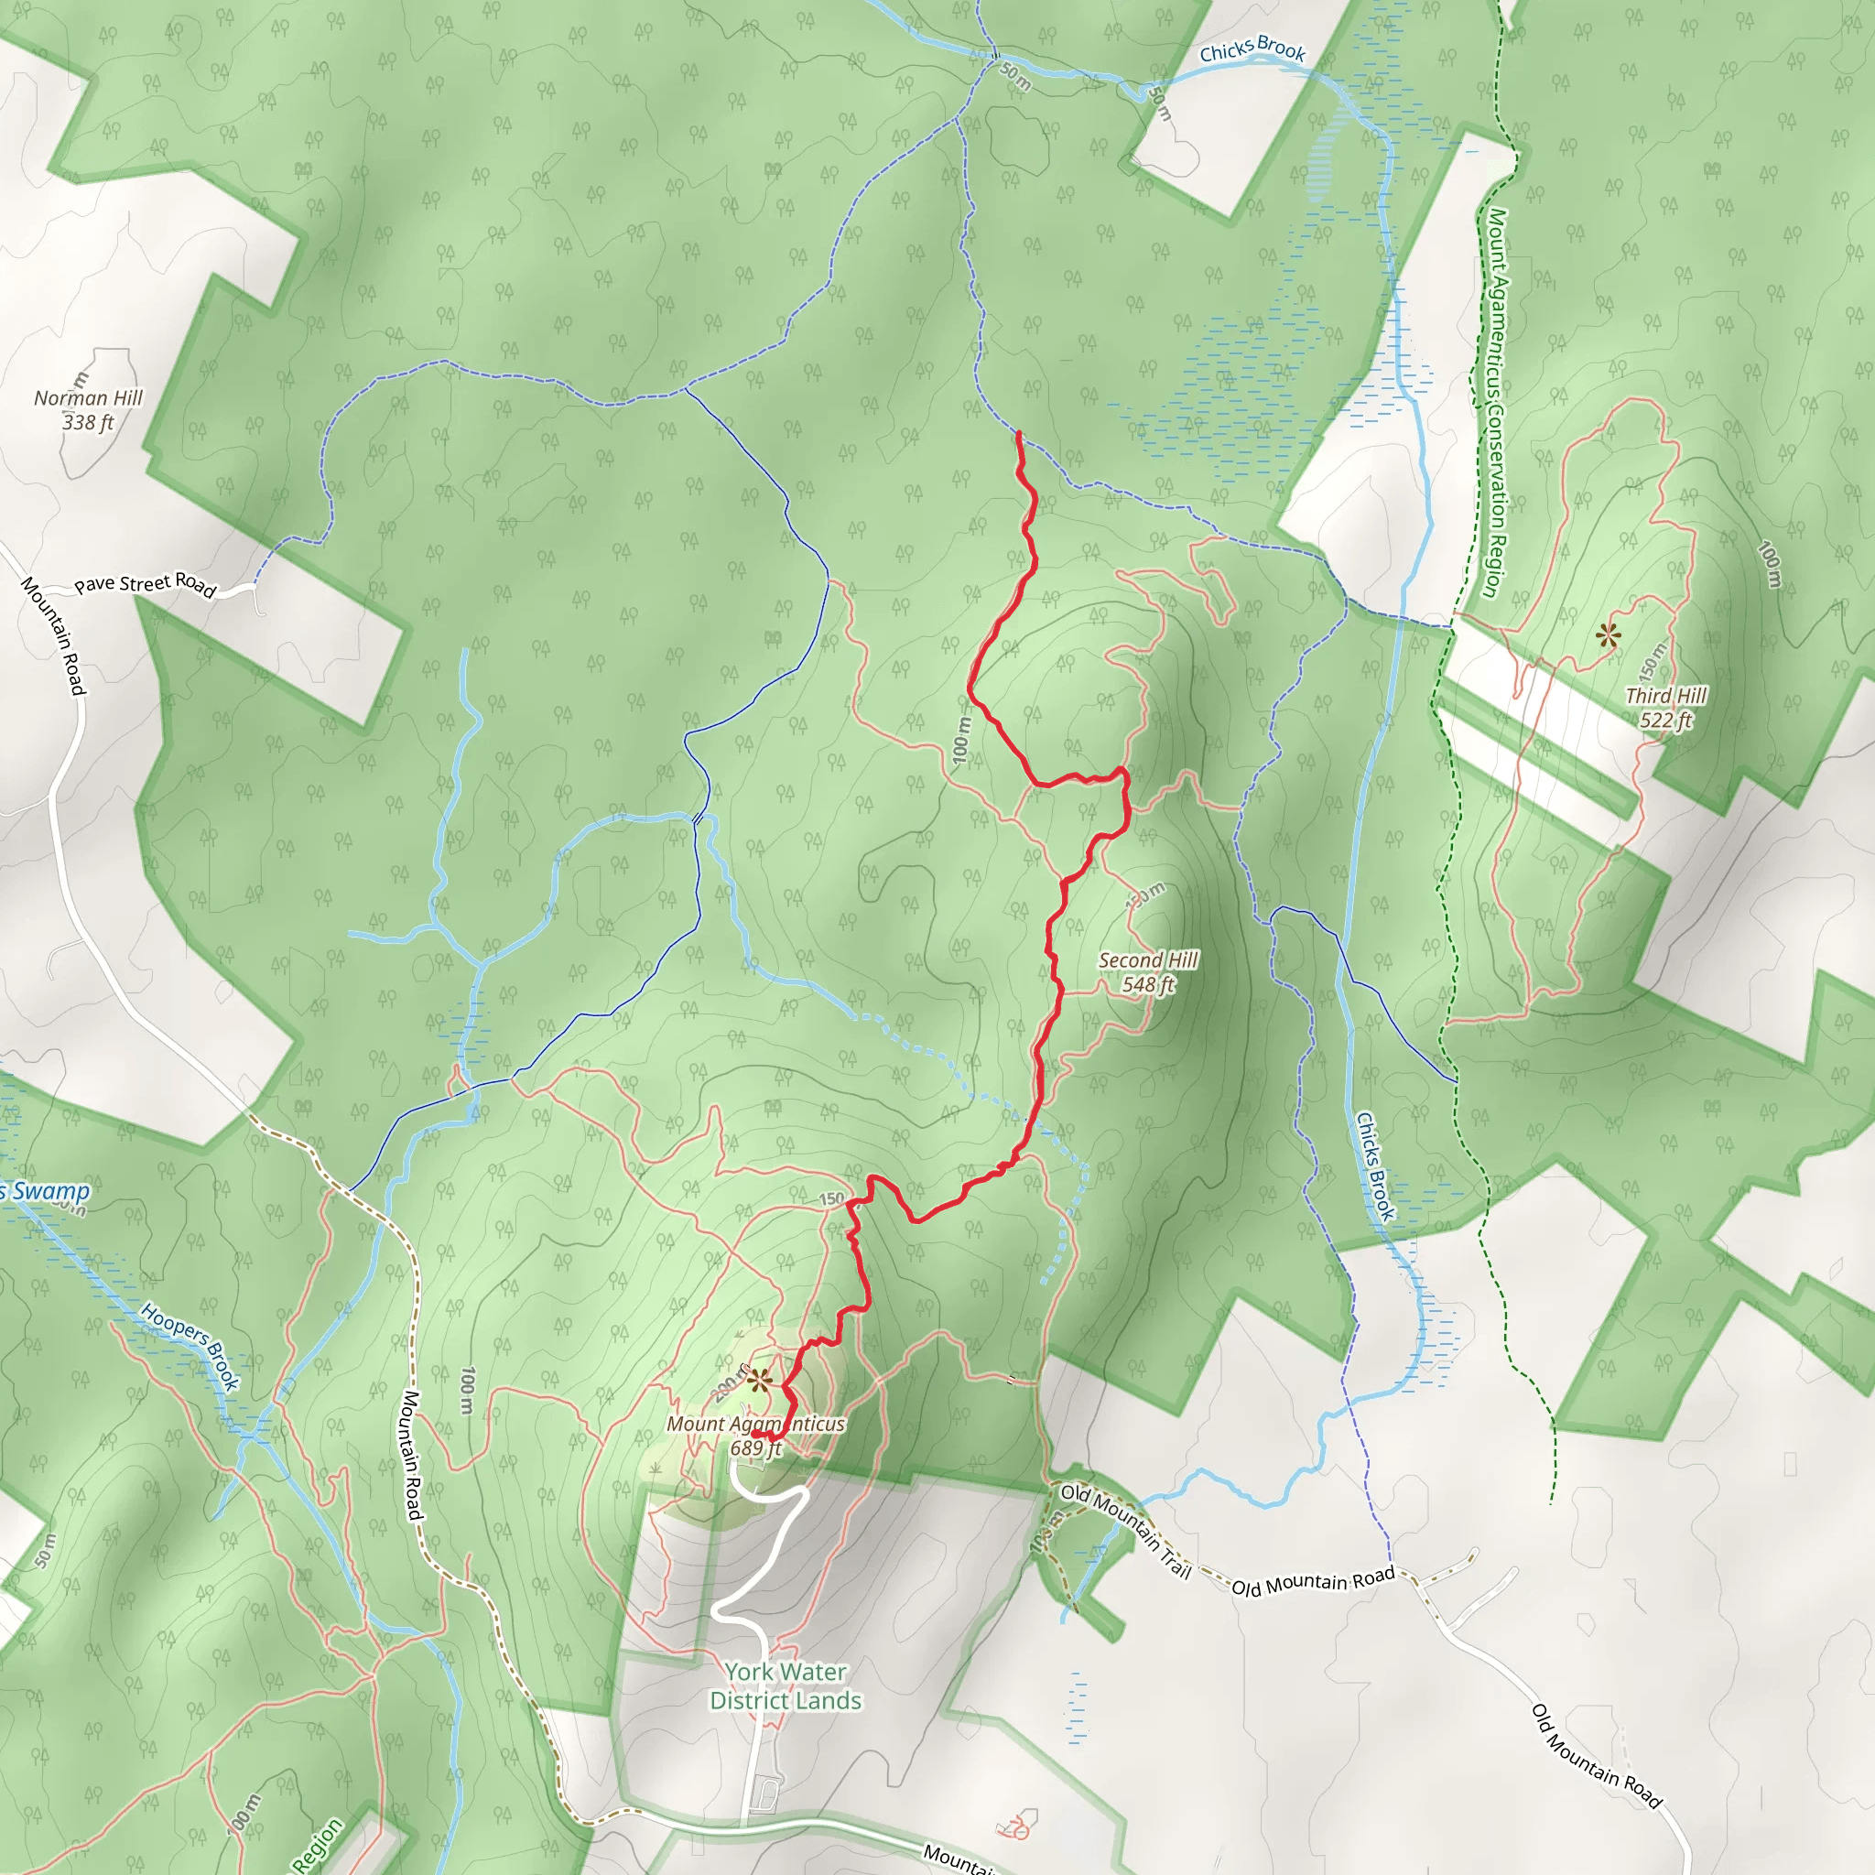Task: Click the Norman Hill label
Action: pyautogui.click(x=88, y=398)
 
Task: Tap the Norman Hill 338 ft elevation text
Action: pyautogui.click(x=88, y=423)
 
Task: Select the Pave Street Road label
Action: pyautogui.click(x=145, y=583)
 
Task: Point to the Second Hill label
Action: pyautogui.click(x=1148, y=960)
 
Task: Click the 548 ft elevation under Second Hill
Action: pyautogui.click(x=1148, y=985)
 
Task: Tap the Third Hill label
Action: pyautogui.click(x=1665, y=696)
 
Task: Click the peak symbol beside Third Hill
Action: pyautogui.click(x=1608, y=636)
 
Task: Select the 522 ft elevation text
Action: pyautogui.click(x=1665, y=721)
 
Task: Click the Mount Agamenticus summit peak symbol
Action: pyautogui.click(x=758, y=1379)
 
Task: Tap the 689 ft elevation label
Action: pyautogui.click(x=756, y=1449)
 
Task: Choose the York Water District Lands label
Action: pyautogui.click(x=786, y=1685)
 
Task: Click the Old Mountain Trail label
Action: pyautogui.click(x=1126, y=1531)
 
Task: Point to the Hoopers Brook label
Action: pyautogui.click(x=190, y=1346)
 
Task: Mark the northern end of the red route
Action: pyautogui.click(x=1018, y=433)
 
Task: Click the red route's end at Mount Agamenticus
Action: pyautogui.click(x=754, y=1435)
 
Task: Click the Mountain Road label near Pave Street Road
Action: pyautogui.click(x=54, y=635)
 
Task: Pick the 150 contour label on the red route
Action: pyautogui.click(x=831, y=1199)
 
